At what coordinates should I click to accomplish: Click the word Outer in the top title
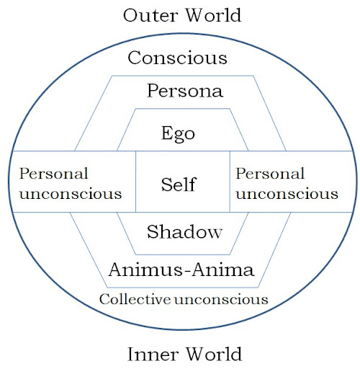pos(150,15)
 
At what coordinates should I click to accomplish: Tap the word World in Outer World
pos(214,15)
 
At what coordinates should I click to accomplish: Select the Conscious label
pos(177,58)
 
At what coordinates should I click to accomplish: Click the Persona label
pos(185,91)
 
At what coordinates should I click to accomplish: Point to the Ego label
pos(178,134)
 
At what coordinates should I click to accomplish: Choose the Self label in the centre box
pos(179,184)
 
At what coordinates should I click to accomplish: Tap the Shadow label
pos(184,232)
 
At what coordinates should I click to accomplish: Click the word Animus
pos(145,270)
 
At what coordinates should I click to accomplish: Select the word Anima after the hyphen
pos(223,270)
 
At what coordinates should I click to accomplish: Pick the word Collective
pos(135,299)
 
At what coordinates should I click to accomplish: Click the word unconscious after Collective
pos(221,300)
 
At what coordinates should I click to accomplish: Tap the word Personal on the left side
pos(53,174)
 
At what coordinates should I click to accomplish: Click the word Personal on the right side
pos(270,174)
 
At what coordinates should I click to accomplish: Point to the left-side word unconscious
pos(71,194)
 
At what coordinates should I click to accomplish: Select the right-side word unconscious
pos(287,194)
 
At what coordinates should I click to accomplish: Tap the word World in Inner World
pos(214,354)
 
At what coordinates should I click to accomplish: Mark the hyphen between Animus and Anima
pos(187,271)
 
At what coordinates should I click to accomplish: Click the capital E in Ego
pos(167,133)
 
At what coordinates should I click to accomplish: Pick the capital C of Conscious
pos(135,58)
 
